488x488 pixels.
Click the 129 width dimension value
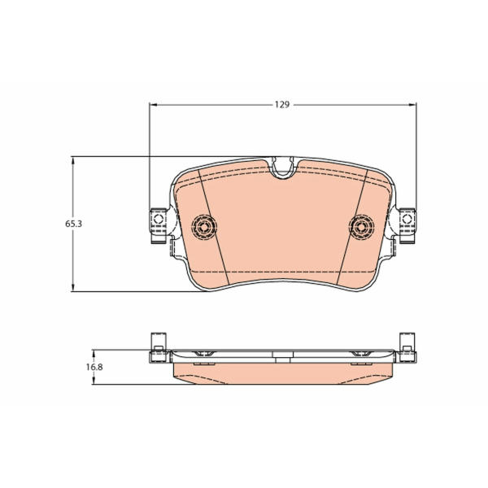click(282, 105)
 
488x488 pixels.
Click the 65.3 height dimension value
click(73, 224)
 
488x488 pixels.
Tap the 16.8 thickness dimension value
click(94, 368)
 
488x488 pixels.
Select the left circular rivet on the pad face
click(204, 227)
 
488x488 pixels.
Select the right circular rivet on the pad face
click(362, 227)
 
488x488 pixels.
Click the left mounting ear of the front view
click(159, 225)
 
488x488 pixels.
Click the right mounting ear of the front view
click(407, 225)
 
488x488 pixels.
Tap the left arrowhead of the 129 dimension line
click(154, 105)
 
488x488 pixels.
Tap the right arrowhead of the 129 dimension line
click(412, 105)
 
